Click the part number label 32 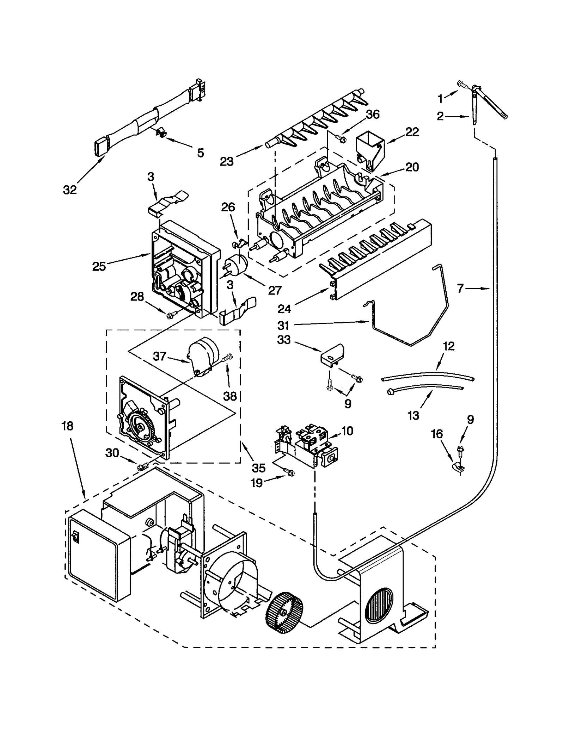(70, 190)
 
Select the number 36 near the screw (372, 114)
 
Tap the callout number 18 (67, 426)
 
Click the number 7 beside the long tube (460, 289)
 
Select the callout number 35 (258, 468)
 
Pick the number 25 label (99, 266)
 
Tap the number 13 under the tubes (413, 415)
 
